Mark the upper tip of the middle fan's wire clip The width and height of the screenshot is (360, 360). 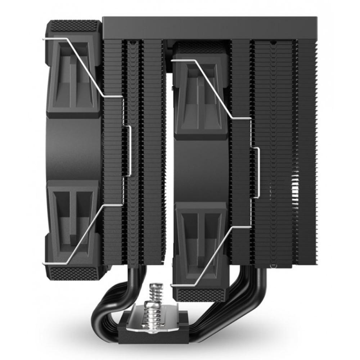click(173, 61)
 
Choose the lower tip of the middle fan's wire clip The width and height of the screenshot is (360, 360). click(173, 285)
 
